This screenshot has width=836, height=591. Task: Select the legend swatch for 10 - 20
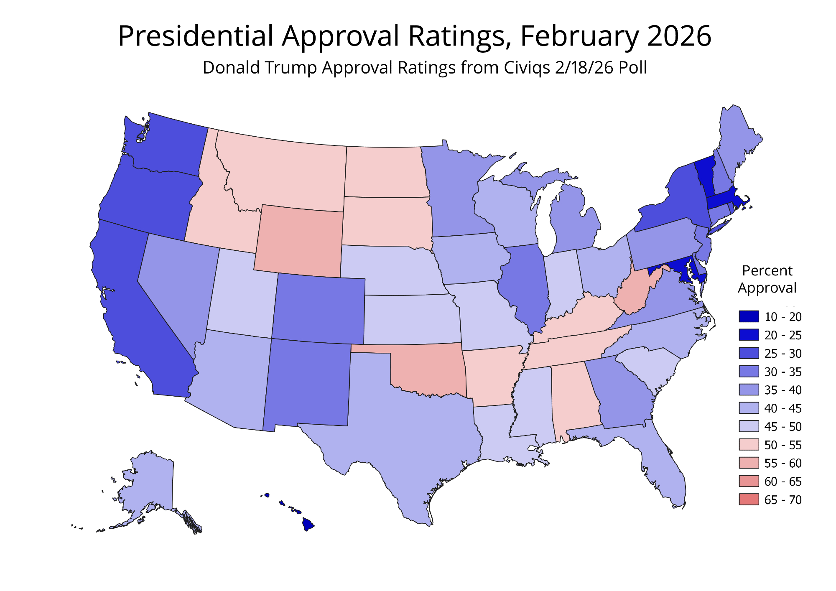(749, 317)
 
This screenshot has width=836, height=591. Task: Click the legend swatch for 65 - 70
(749, 499)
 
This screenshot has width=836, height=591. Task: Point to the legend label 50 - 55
(783, 445)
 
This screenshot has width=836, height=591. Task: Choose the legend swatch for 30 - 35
(749, 372)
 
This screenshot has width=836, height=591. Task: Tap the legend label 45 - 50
(783, 427)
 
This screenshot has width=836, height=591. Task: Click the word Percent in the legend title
(767, 271)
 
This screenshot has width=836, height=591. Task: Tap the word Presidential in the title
(196, 36)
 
